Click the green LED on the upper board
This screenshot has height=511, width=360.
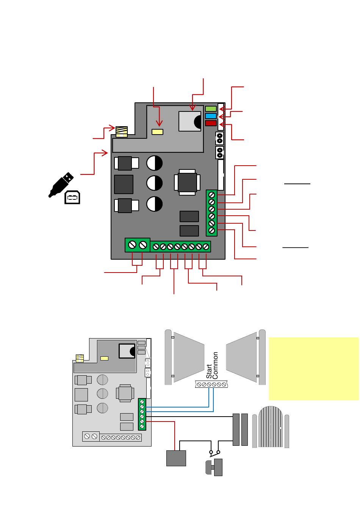point(211,109)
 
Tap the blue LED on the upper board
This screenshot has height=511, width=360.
point(211,116)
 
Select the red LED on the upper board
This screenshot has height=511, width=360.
point(211,123)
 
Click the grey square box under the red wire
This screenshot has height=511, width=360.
point(176,458)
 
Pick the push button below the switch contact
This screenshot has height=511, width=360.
point(214,467)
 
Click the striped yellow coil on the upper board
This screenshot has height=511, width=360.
point(122,131)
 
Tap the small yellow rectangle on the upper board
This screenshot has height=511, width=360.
point(157,132)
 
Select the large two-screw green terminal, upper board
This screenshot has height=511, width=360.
point(137,245)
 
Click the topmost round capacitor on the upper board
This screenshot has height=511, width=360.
point(154,163)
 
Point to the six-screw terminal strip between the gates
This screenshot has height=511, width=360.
point(211,384)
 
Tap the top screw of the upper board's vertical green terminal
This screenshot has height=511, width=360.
point(212,195)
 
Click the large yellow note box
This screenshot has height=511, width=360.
point(313,368)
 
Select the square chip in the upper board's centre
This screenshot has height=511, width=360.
point(186,182)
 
